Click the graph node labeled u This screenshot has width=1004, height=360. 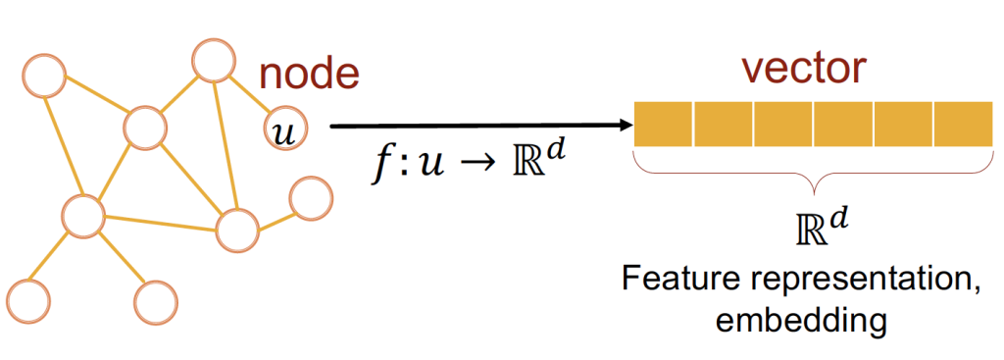[x=283, y=129]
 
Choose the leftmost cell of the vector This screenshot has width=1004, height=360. [x=664, y=125]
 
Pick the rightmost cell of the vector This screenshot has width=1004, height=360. [x=963, y=125]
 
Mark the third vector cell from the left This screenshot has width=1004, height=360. [x=783, y=125]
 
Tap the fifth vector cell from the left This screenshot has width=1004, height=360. [x=903, y=125]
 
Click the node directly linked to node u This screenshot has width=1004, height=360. [x=213, y=60]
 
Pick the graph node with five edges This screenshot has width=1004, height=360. [x=144, y=126]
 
